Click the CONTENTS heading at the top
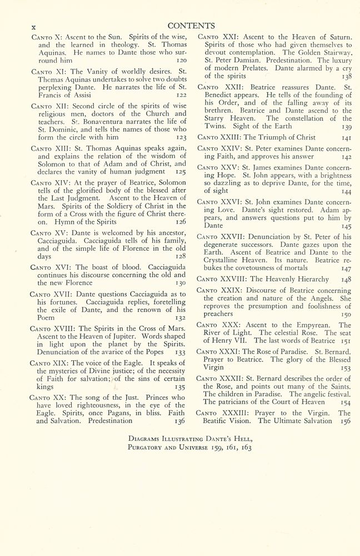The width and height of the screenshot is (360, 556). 191,25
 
